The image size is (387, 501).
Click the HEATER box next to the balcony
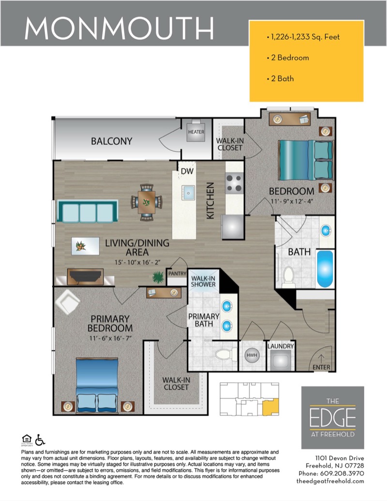tap(196, 131)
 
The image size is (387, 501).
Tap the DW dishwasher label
tap(187, 171)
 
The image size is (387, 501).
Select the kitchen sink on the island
tap(188, 193)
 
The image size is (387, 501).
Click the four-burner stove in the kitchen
tap(234, 184)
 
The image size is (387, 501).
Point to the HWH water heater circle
tap(252, 355)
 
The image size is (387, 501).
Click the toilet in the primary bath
tap(223, 354)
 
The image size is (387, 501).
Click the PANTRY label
tap(177, 273)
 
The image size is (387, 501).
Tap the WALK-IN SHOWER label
tap(203, 281)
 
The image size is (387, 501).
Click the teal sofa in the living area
tap(88, 211)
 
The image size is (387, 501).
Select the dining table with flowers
tap(147, 202)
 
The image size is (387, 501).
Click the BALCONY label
tap(111, 141)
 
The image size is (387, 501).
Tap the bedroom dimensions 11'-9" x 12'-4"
tap(292, 201)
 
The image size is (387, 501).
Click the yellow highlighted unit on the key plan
tap(271, 407)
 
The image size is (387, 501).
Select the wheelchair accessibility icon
tap(40, 440)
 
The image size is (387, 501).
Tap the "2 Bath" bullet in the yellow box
tap(281, 78)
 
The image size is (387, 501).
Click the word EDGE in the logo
tap(332, 417)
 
